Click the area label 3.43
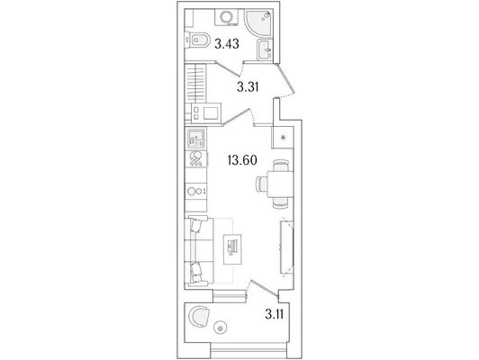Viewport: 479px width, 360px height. pyautogui.click(x=226, y=44)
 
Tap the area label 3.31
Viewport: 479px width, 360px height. pyautogui.click(x=248, y=87)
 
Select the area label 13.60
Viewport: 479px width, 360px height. pyautogui.click(x=242, y=160)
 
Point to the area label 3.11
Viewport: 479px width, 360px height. pyautogui.click(x=274, y=314)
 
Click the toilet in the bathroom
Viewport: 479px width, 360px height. pyautogui.click(x=198, y=40)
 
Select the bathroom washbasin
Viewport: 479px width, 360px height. pyautogui.click(x=265, y=49)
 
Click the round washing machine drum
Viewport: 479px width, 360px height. pyautogui.click(x=227, y=16)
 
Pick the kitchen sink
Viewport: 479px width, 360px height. pyautogui.click(x=195, y=139)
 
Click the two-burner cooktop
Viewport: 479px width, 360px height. pyautogui.click(x=195, y=192)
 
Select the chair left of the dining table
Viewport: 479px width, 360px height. pyautogui.click(x=261, y=184)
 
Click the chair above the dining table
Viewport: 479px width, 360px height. pyautogui.click(x=280, y=166)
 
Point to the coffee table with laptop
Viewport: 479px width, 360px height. pyautogui.click(x=232, y=249)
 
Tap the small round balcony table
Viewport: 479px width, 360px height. pyautogui.click(x=221, y=328)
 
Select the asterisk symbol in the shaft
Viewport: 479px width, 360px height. pyautogui.click(x=284, y=138)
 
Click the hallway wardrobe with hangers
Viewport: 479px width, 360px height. pyautogui.click(x=195, y=83)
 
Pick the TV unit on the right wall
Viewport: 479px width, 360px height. pyautogui.click(x=287, y=247)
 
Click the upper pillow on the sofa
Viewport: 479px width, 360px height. pyautogui.click(x=195, y=225)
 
